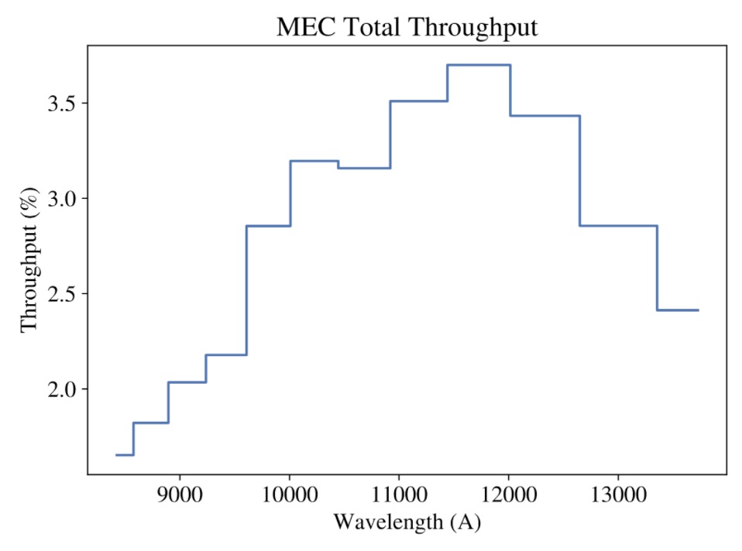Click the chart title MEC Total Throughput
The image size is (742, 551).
[407, 27]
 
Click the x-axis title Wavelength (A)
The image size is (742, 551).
[407, 522]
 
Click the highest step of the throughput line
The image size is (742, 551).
[479, 65]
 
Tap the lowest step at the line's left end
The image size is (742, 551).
[125, 455]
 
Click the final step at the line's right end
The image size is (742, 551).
[678, 310]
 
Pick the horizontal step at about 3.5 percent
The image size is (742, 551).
[418, 101]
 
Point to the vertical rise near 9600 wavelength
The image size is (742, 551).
[246, 290]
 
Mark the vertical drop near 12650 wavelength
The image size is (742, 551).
[580, 170]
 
